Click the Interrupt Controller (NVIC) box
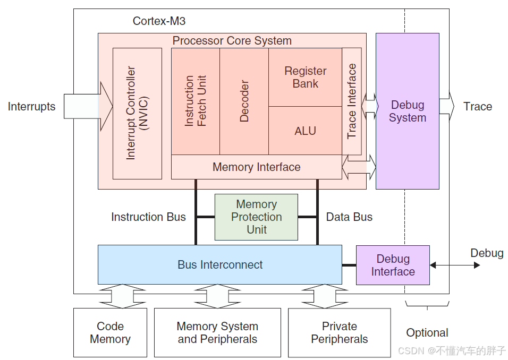tap(137, 113)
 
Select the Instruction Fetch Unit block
tap(195, 101)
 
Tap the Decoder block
tap(244, 101)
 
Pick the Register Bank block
tap(305, 78)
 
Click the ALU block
tap(305, 131)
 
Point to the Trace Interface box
tap(352, 101)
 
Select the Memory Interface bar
tap(256, 167)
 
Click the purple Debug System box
tap(407, 111)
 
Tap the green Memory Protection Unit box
tap(256, 217)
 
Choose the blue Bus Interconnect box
tap(219, 264)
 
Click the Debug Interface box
tap(393, 265)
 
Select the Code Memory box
tap(110, 333)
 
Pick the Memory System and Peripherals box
tap(217, 333)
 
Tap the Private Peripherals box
tap(339, 333)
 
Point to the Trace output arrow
tap(447, 106)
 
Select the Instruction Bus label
tap(148, 217)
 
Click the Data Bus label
tap(349, 217)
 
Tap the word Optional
tap(427, 333)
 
